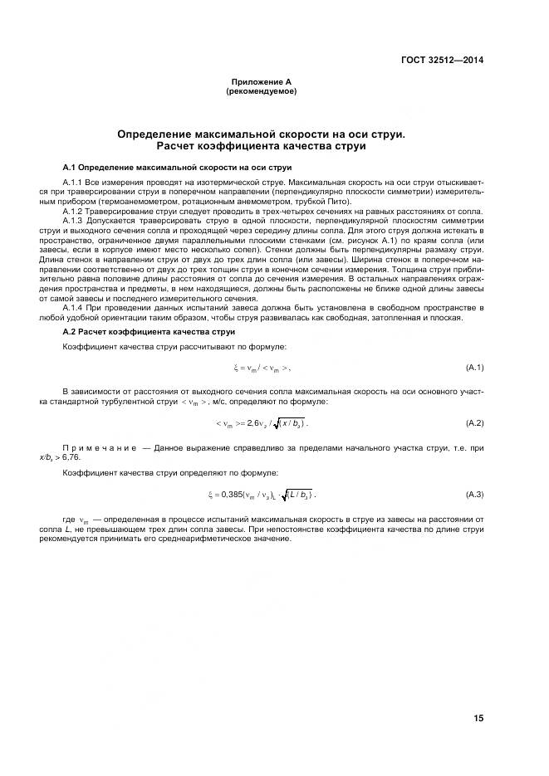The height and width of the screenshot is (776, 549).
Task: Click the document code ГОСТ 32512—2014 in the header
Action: click(444, 59)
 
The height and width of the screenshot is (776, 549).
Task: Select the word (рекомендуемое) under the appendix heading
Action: click(261, 91)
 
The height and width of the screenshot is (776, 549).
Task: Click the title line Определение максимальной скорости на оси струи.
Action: click(261, 133)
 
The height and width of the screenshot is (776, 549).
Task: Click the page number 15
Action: click(478, 719)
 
